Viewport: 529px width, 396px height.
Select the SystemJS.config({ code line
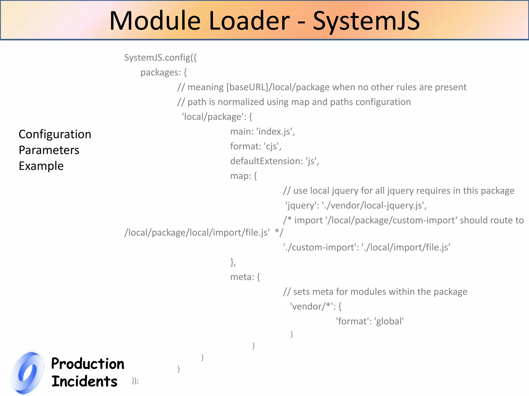160,57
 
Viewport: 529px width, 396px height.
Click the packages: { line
164,72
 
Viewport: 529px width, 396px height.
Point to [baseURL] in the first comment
247,87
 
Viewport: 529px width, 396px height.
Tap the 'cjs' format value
272,146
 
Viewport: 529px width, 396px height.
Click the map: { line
243,176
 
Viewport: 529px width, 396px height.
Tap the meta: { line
245,277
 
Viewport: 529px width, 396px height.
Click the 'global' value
389,321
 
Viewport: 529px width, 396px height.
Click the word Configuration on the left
55,134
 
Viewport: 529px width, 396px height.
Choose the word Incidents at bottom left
84,381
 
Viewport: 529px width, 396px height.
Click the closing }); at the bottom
135,381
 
